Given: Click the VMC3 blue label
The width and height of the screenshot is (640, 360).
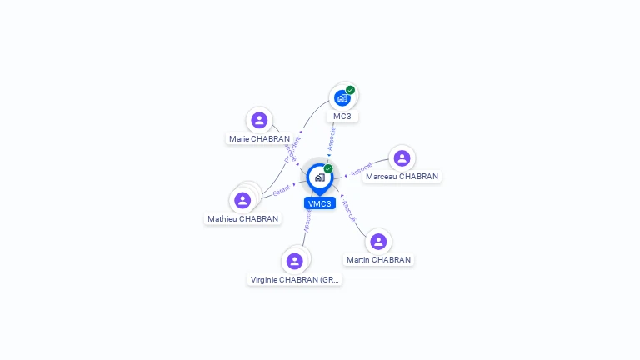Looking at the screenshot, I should point(319,203).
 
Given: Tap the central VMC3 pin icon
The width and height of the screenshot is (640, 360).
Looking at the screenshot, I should point(319,177).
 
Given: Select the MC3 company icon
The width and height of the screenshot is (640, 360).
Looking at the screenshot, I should point(342,98).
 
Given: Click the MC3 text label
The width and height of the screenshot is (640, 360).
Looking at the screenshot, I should point(342,117).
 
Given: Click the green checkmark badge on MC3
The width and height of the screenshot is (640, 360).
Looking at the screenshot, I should point(351,90).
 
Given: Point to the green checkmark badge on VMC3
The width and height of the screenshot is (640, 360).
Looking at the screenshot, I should point(328,169).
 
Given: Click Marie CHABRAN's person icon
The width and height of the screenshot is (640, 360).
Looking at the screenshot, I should point(259,120).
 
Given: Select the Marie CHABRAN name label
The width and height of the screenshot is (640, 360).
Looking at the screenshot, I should point(259,139).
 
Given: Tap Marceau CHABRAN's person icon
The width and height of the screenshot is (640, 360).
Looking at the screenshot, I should point(402,158).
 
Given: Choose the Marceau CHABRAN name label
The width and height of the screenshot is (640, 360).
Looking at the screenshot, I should point(402,177).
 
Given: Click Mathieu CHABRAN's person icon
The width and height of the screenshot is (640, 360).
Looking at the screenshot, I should point(242,200).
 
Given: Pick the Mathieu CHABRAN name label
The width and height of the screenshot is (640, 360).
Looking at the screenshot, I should point(242,219).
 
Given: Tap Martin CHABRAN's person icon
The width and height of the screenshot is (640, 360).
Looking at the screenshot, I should point(378,242).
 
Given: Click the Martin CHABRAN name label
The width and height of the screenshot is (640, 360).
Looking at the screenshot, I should point(378,260).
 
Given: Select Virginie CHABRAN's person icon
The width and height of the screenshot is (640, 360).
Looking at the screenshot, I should point(294,261).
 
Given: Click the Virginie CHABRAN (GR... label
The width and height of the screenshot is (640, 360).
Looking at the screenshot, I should point(295,280).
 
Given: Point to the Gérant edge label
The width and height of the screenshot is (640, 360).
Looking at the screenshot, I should point(281,192).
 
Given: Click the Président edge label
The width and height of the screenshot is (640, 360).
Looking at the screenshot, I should point(292,149).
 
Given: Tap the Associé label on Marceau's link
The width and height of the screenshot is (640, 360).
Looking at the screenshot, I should point(361,169).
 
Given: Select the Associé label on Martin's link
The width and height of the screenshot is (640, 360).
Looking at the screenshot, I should point(349,211).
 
